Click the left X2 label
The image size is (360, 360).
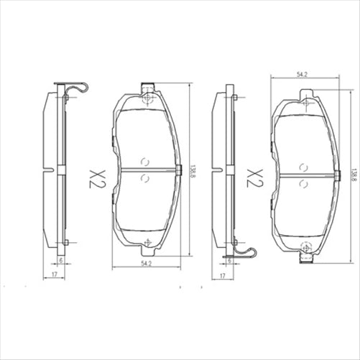(97, 177)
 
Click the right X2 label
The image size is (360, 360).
(254, 177)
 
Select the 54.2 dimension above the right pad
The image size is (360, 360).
(302, 73)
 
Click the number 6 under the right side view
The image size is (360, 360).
(229, 261)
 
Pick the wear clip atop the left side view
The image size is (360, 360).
(76, 88)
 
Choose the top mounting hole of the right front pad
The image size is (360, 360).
(307, 103)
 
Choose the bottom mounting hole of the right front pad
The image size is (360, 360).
(306, 248)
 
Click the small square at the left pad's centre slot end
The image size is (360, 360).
(178, 170)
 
